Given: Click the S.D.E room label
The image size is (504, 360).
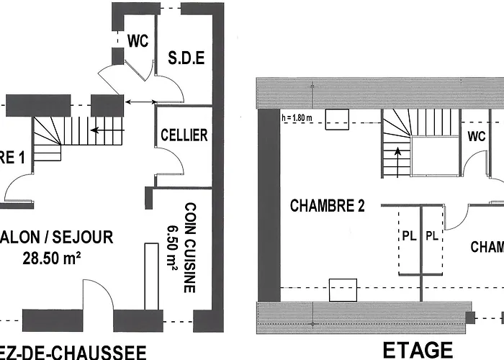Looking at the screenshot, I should pyautogui.click(x=187, y=58).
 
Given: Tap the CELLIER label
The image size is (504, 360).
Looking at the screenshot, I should pyautogui.click(x=184, y=135).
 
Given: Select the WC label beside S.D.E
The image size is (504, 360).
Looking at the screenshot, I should pyautogui.click(x=138, y=41).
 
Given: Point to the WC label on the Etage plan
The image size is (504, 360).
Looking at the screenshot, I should pyautogui.click(x=477, y=136).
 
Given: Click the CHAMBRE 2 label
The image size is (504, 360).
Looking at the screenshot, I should pyautogui.click(x=327, y=206).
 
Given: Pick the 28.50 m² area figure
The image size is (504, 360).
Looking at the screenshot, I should pyautogui.click(x=50, y=258).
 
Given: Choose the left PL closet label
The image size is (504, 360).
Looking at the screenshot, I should pyautogui.click(x=408, y=236).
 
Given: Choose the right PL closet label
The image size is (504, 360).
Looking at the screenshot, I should pyautogui.click(x=433, y=236).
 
